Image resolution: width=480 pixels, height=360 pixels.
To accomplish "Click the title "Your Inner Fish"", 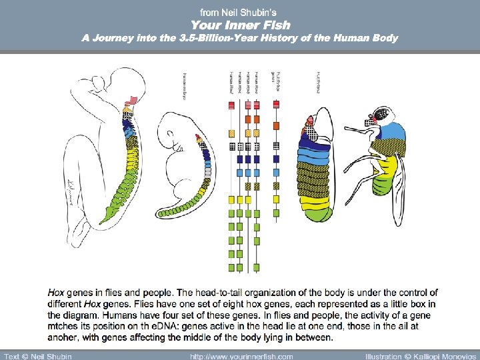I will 240,25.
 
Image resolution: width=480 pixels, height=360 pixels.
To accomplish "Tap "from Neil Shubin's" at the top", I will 240,12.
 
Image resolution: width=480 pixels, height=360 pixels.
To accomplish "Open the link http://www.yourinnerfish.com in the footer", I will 241,355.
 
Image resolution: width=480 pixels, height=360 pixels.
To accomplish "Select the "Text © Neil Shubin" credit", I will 38,355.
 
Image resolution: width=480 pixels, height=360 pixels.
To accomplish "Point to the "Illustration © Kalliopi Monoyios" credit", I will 421,355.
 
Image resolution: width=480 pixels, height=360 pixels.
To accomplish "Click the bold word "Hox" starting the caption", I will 56,293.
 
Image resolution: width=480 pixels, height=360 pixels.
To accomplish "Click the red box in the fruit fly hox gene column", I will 276,105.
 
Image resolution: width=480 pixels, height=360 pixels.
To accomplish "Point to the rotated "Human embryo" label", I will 184,87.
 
